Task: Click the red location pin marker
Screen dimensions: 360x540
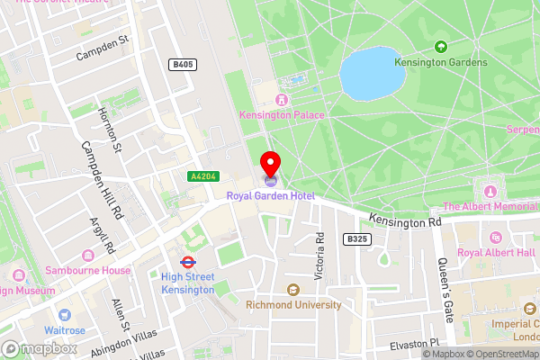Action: tap(270, 165)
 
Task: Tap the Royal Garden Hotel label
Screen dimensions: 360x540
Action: tap(269, 195)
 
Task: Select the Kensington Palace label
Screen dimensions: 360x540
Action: tap(282, 114)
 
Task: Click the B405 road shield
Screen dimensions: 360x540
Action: tap(182, 65)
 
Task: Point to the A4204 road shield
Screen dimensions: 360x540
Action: tap(202, 177)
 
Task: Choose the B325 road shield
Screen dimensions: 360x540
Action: tap(357, 238)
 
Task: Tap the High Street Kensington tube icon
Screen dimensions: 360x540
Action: tap(188, 262)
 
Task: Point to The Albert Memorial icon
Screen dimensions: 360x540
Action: tap(491, 192)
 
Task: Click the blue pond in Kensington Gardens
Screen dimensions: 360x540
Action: tap(371, 75)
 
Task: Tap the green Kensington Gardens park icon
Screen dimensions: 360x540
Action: tap(441, 46)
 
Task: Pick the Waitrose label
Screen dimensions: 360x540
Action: tap(65, 330)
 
